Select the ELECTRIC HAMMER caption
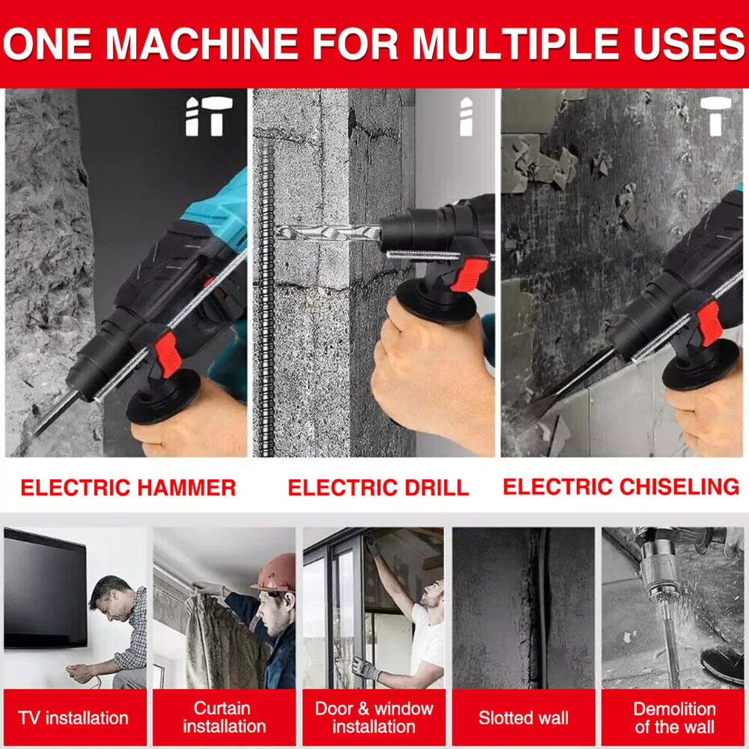tap(128, 487)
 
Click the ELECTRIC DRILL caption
tap(378, 487)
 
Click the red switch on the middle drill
tap(469, 275)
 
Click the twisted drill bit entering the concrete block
tap(328, 233)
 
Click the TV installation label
tap(74, 718)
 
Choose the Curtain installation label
tap(223, 718)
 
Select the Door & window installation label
tap(373, 718)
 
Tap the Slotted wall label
tap(523, 718)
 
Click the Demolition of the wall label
tap(673, 718)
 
